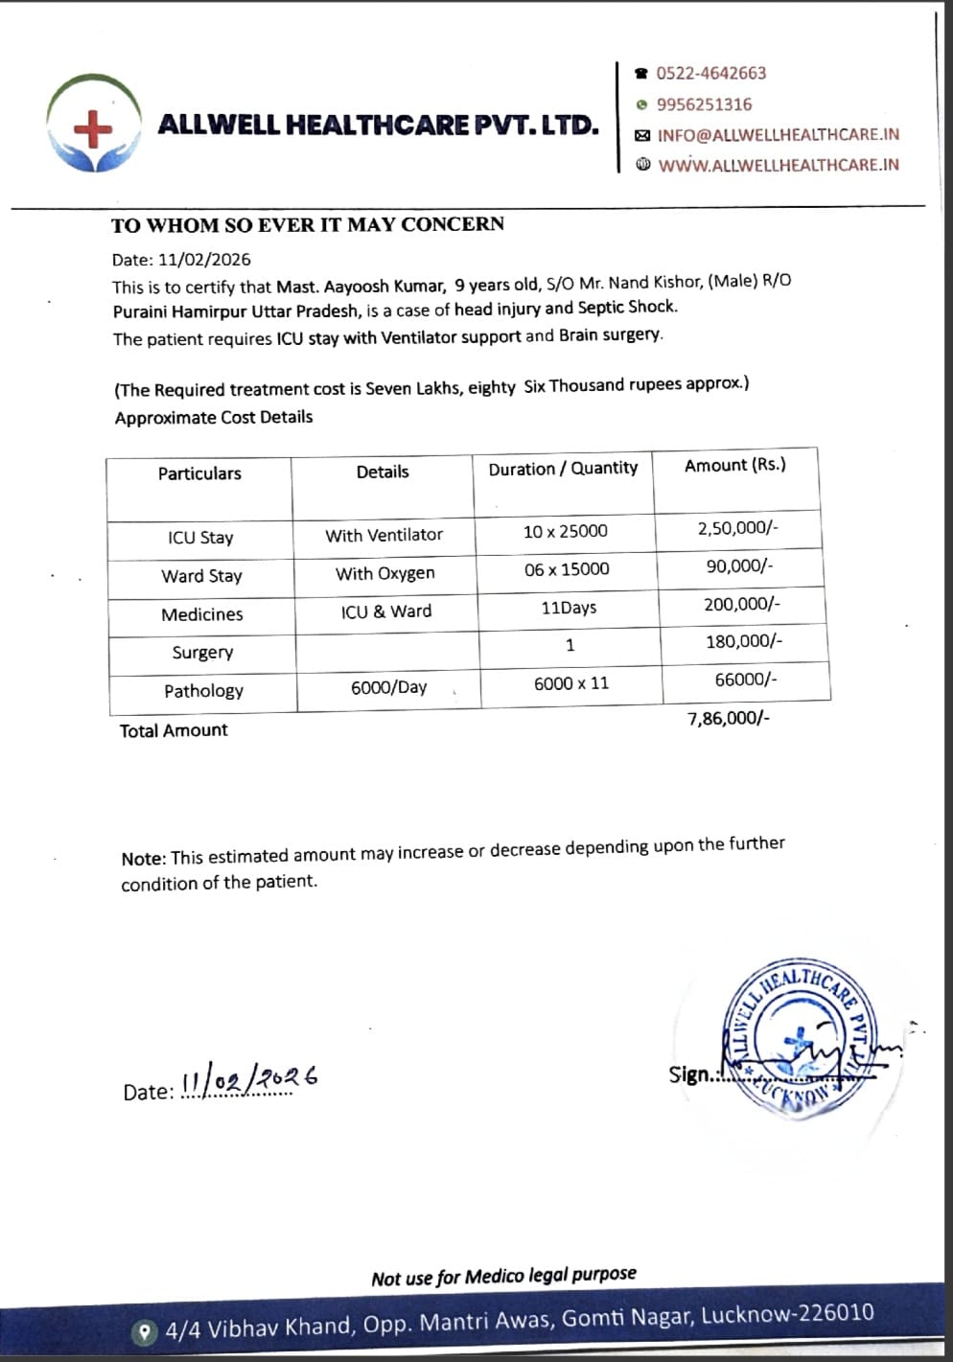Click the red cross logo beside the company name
(93, 127)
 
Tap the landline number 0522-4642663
(710, 74)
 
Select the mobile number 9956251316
(704, 104)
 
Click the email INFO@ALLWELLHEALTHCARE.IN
(778, 135)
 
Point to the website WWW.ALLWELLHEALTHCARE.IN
(779, 165)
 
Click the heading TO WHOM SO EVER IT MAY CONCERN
(307, 225)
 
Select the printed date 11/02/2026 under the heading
(204, 260)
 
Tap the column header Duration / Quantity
(563, 468)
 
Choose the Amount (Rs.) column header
(734, 465)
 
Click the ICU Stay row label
(200, 538)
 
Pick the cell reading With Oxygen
(384, 573)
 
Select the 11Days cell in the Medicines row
(569, 608)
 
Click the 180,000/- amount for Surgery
(743, 641)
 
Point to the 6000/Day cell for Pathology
(388, 687)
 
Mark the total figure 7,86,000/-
(728, 718)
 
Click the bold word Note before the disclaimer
(143, 859)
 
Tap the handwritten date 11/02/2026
(248, 1079)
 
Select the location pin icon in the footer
(145, 1331)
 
